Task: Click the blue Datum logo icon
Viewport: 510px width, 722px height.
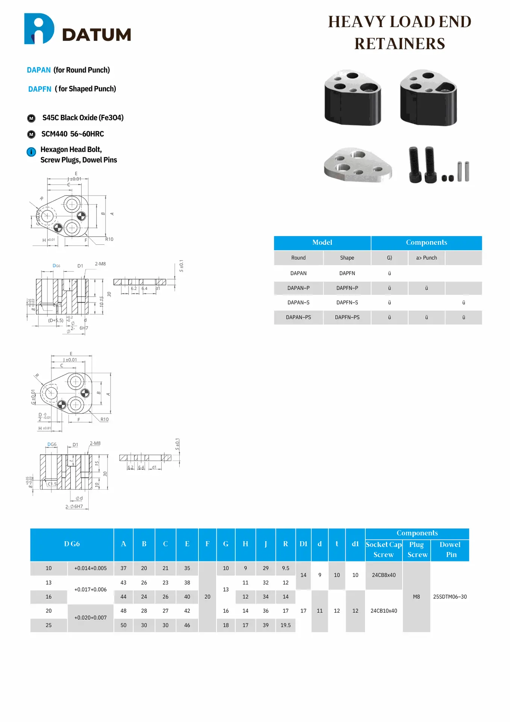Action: click(39, 29)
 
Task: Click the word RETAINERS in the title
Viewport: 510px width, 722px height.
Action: click(399, 44)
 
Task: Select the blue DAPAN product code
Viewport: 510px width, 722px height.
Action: click(39, 70)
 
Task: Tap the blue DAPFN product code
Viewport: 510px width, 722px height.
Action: click(39, 89)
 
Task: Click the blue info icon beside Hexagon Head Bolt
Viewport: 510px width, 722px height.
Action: click(31, 152)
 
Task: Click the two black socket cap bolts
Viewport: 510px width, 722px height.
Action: click(422, 165)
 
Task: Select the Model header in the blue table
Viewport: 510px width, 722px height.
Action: click(322, 243)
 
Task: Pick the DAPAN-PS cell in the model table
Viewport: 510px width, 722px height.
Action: click(298, 317)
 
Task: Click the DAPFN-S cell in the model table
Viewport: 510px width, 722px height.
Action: click(347, 303)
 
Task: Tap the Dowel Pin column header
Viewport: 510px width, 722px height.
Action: click(450, 549)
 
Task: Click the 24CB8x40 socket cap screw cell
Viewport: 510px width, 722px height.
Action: click(383, 575)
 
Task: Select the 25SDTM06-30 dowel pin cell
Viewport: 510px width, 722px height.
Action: click(450, 597)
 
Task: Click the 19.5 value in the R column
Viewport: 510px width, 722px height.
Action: click(285, 625)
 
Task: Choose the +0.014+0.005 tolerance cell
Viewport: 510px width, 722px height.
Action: click(90, 568)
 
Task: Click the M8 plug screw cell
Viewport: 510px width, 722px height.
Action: click(416, 597)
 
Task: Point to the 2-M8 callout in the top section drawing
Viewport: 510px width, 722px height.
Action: click(100, 264)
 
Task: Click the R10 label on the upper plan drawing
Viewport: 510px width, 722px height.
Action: click(109, 239)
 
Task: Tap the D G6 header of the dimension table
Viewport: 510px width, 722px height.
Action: click(72, 544)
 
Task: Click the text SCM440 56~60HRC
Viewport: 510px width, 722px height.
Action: click(73, 134)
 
